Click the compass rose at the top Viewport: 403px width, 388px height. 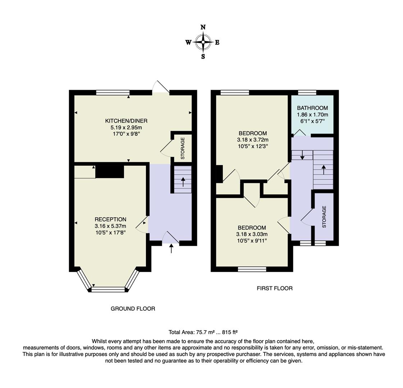pyautogui.click(x=203, y=42)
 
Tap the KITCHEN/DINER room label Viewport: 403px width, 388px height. pyautogui.click(x=126, y=121)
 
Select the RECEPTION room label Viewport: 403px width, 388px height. pyautogui.click(x=110, y=219)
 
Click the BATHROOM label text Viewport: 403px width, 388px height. pyautogui.click(x=312, y=108)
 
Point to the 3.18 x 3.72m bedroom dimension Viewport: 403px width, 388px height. pyautogui.click(x=253, y=140)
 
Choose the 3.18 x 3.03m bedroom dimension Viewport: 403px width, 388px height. pyautogui.click(x=252, y=234)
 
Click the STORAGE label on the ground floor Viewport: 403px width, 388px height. pyautogui.click(x=182, y=148)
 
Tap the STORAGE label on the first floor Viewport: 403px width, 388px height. pyautogui.click(x=324, y=217)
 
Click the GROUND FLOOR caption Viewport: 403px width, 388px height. pyautogui.click(x=133, y=309)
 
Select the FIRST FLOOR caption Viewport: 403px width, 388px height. pyautogui.click(x=275, y=288)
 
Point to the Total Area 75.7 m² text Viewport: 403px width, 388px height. pyautogui.click(x=203, y=332)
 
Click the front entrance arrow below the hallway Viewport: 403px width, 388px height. pyautogui.click(x=171, y=248)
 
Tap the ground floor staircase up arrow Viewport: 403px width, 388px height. pyautogui.click(x=183, y=182)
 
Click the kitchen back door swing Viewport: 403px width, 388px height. pyautogui.click(x=161, y=87)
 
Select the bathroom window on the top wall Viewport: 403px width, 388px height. pyautogui.click(x=307, y=93)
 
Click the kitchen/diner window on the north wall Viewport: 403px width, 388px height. pyautogui.click(x=113, y=93)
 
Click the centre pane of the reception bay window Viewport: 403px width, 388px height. pyautogui.click(x=109, y=288)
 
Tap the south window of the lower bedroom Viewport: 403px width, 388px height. pyautogui.click(x=252, y=269)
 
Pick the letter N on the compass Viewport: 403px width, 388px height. pyautogui.click(x=203, y=27)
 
